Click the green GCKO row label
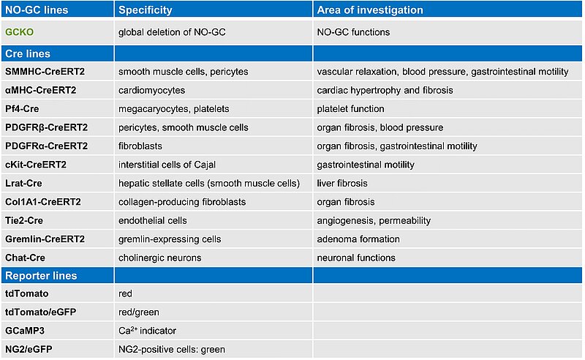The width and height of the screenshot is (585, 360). tap(20, 33)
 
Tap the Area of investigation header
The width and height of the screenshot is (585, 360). tap(370, 11)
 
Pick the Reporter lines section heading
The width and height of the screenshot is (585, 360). tap(41, 276)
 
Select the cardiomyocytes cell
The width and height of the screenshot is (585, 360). tap(152, 90)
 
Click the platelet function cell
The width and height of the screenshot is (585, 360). tap(350, 109)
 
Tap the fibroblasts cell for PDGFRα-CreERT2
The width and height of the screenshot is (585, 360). tap(141, 146)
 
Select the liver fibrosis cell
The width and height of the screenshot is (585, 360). tap(342, 183)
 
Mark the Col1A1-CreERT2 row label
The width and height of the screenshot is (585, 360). tap(44, 202)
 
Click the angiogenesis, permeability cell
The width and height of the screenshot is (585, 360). tap(374, 220)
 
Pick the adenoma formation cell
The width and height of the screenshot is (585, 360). tap(358, 239)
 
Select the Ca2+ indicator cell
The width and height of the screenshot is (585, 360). tap(147, 331)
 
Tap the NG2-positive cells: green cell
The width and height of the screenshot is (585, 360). tap(172, 349)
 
